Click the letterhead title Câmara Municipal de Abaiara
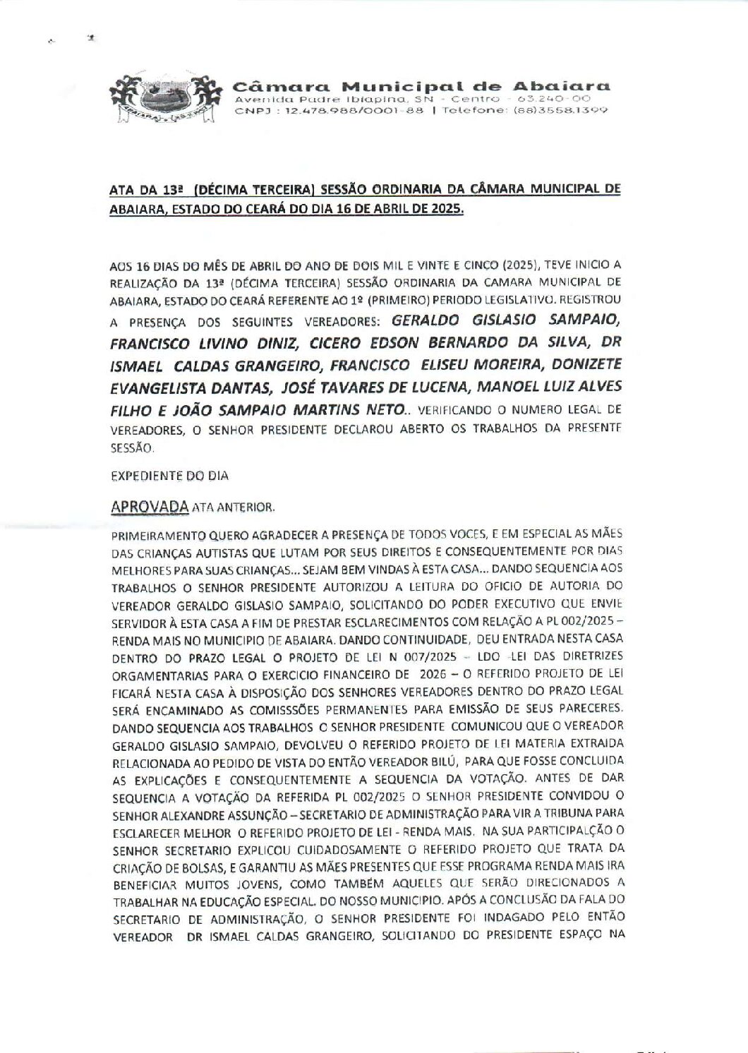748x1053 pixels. point(421,87)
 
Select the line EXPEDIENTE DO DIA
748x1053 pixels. point(170,476)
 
